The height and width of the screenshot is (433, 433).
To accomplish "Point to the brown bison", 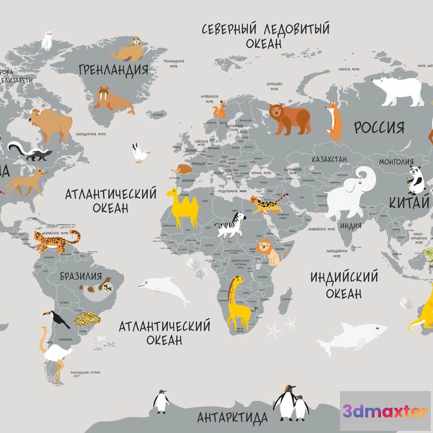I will coord(50,123).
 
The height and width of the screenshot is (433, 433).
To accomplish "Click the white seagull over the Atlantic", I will coord(140,154).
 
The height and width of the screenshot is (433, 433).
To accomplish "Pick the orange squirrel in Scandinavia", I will coord(221,110).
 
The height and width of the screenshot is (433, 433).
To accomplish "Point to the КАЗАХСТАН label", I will coord(330,159).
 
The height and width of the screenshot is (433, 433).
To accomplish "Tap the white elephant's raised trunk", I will coord(370,175).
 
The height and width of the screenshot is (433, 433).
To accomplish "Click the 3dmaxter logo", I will coord(385,411).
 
